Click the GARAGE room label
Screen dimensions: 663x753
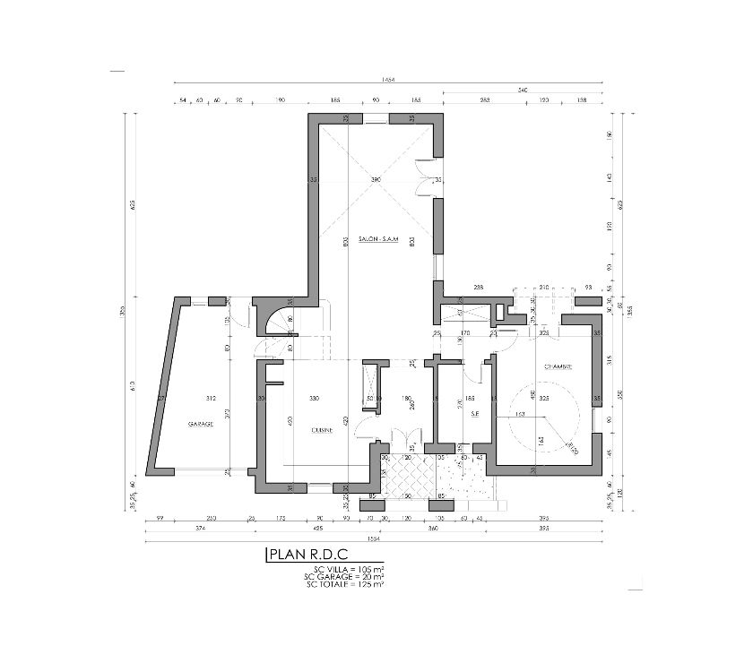(201, 424)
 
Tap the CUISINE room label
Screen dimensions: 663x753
(322, 430)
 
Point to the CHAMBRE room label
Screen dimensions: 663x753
(558, 366)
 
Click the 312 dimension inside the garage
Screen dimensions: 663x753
(212, 398)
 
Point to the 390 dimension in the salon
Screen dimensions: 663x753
(376, 181)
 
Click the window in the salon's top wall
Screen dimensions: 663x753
(376, 119)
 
